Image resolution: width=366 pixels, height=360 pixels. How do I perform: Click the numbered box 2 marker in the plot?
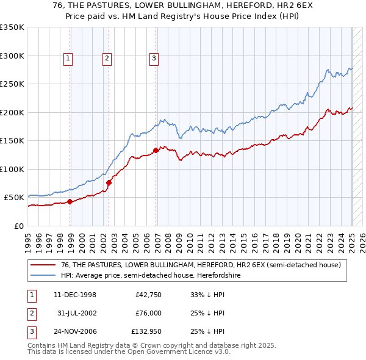(x=107, y=59)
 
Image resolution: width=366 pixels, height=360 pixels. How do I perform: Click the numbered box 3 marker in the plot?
(x=153, y=59)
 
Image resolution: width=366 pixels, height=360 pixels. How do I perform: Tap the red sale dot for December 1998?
(x=70, y=201)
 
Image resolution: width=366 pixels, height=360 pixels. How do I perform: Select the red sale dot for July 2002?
(x=109, y=182)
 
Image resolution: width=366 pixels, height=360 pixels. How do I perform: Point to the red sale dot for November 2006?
(x=156, y=150)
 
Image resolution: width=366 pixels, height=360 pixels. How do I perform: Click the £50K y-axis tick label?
(x=14, y=198)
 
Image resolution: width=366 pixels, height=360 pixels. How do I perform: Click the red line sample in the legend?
(x=43, y=264)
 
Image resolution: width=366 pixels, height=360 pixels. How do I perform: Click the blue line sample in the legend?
(x=43, y=276)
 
